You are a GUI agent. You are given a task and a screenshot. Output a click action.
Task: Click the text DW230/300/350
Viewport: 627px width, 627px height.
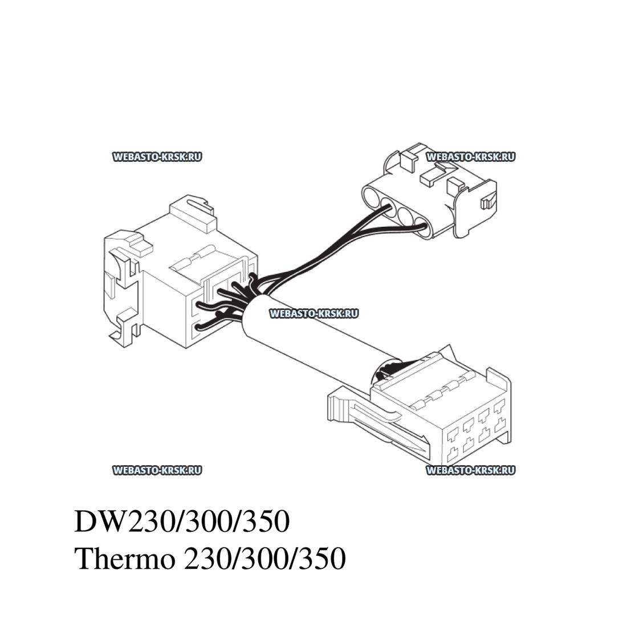point(182,522)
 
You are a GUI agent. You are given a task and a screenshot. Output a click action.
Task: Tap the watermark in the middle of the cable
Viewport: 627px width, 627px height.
point(313,313)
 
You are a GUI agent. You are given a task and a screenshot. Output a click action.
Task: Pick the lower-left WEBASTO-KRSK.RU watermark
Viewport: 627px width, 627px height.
point(157,470)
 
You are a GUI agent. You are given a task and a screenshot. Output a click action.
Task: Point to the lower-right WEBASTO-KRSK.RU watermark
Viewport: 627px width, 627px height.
point(470,470)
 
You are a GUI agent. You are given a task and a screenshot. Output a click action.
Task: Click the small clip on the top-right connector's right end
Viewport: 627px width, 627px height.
point(486,203)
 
